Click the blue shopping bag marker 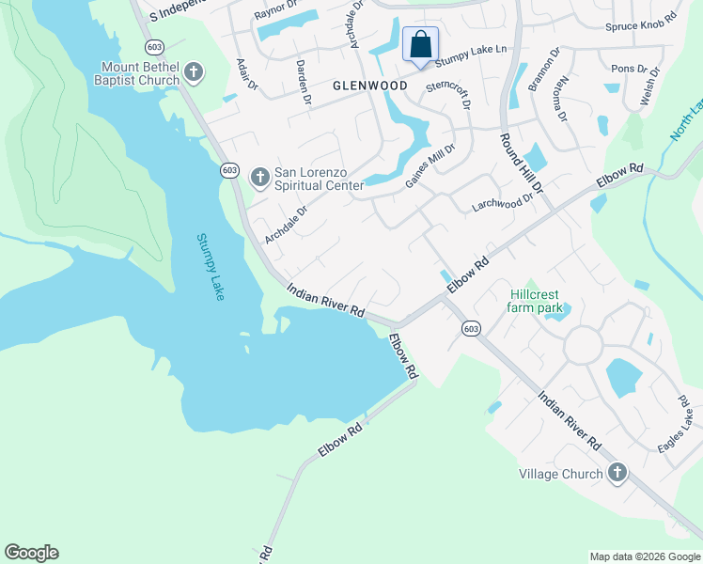pos(420,44)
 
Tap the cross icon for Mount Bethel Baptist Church pos(194,71)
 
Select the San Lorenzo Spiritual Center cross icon pos(259,176)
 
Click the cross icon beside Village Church pos(617,473)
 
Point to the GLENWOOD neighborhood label pos(370,86)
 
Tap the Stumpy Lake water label pos(211,267)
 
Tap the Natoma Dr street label pos(561,100)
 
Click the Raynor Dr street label pos(274,14)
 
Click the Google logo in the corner pos(31,553)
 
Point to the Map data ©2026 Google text pos(645,556)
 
